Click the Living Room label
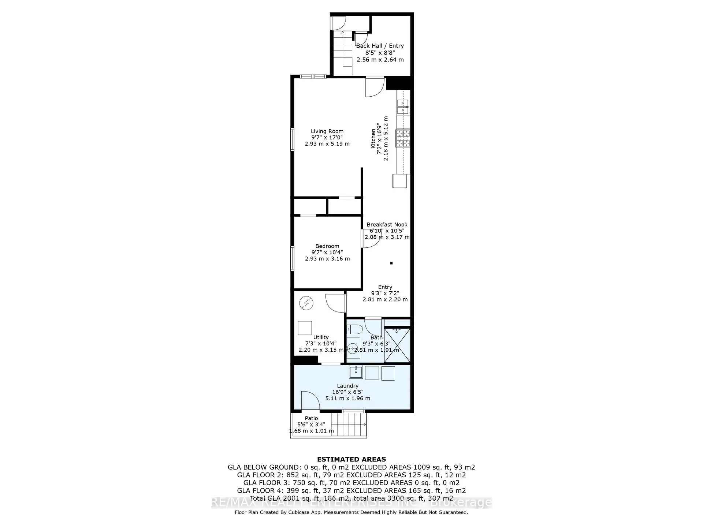click(327, 131)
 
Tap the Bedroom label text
click(327, 246)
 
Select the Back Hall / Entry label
click(380, 46)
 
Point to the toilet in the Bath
click(354, 329)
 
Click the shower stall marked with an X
click(397, 345)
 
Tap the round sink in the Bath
click(353, 348)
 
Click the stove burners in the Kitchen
click(403, 138)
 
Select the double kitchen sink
click(403, 106)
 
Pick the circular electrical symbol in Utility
click(306, 303)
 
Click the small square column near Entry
click(391, 263)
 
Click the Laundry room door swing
click(309, 401)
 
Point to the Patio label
click(311, 418)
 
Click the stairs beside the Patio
click(349, 425)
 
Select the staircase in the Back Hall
click(342, 51)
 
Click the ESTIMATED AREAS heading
click(351, 459)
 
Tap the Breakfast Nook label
click(387, 225)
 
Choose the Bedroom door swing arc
click(371, 240)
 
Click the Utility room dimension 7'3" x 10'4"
click(321, 344)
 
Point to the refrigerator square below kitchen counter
click(399, 181)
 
